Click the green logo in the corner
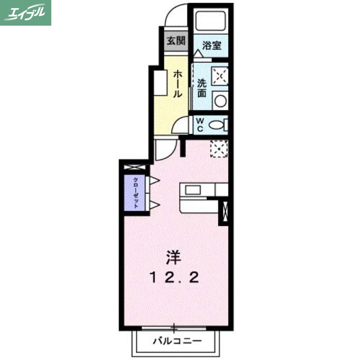tap(26, 12)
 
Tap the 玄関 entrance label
tap(176, 41)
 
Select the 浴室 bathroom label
tap(211, 45)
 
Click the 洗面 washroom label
tap(202, 88)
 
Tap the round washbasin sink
tap(220, 100)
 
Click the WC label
tap(200, 124)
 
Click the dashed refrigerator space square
tap(219, 148)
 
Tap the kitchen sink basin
tap(193, 189)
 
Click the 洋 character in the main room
tap(173, 257)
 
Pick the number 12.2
tap(174, 278)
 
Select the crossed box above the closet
tap(135, 167)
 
